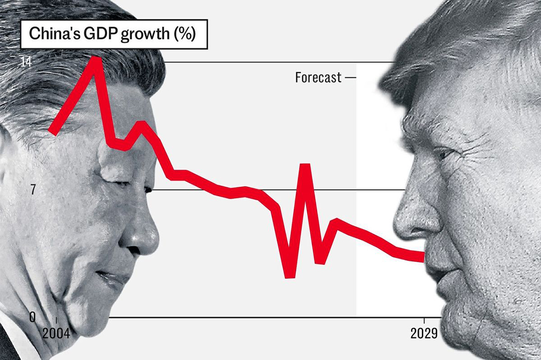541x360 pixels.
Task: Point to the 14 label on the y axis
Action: [25, 62]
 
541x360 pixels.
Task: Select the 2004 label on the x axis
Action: [56, 334]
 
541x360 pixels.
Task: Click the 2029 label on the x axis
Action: [424, 334]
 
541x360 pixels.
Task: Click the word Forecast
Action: [318, 78]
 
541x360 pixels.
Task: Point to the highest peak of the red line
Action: [96, 58]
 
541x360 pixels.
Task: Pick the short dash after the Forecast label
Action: [351, 78]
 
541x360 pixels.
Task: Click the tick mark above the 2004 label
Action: [56, 321]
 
